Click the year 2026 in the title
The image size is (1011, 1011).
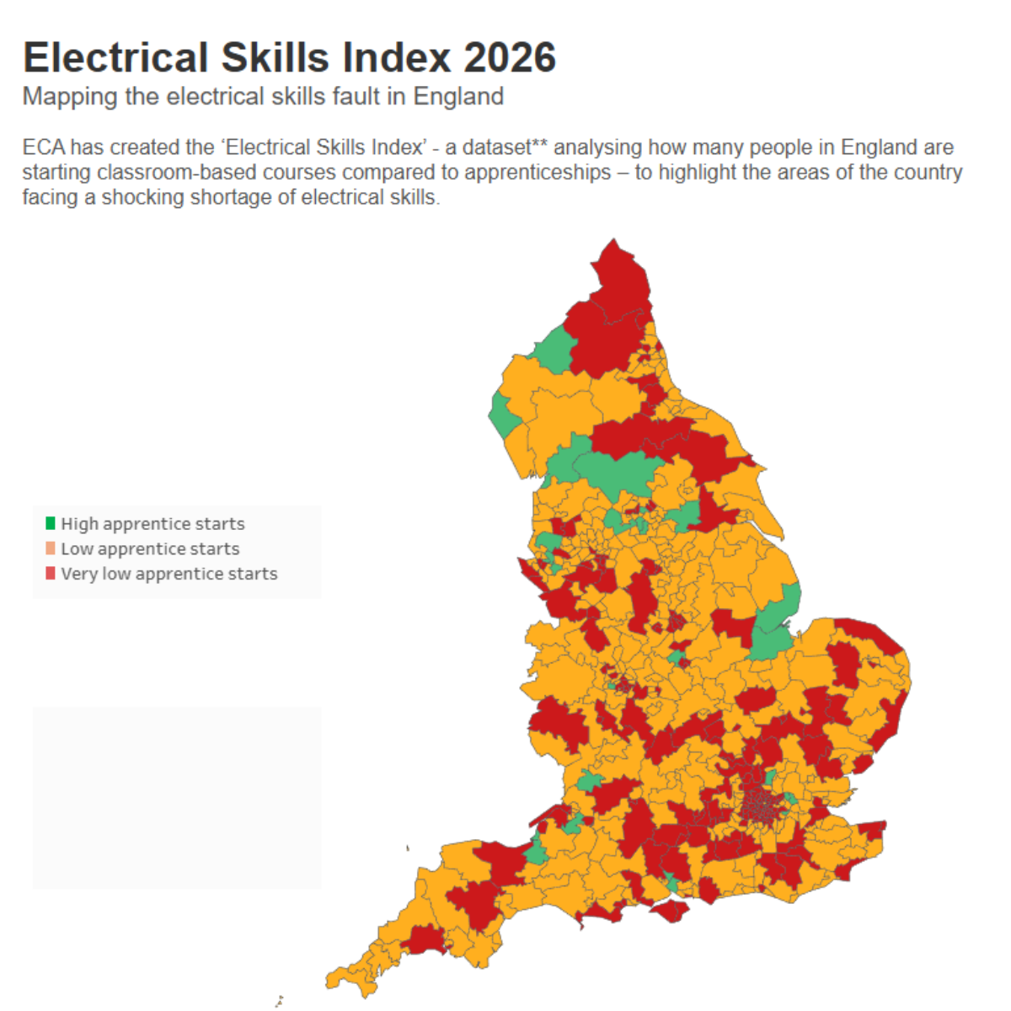tap(510, 58)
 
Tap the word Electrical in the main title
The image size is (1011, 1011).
tap(115, 58)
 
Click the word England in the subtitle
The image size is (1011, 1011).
tap(458, 97)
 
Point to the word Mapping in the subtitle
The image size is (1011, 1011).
tap(70, 97)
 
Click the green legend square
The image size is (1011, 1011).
tap(51, 523)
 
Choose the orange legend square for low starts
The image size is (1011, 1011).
tap(51, 548)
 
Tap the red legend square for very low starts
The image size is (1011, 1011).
tap(51, 574)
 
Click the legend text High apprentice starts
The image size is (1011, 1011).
tap(152, 524)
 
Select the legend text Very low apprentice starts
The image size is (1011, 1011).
tap(168, 575)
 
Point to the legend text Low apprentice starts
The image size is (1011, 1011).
tap(150, 549)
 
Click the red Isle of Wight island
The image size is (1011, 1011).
tap(671, 911)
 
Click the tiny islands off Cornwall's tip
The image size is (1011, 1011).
tap(278, 1001)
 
